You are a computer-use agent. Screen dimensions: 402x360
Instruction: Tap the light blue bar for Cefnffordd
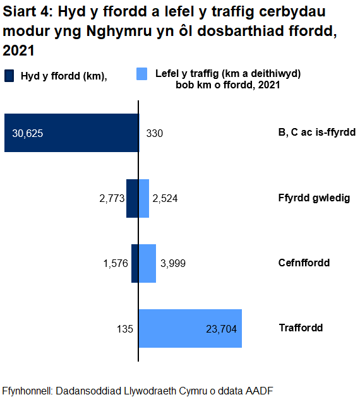147,263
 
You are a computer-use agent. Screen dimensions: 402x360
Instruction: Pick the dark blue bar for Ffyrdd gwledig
132,198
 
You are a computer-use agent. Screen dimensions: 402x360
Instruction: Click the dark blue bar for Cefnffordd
135,263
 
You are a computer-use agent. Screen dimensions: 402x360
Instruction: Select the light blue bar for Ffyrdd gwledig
144,198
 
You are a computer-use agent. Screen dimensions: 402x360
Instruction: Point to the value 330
155,133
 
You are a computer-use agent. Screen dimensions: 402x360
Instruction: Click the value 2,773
111,198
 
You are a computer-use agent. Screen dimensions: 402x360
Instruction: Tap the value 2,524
165,198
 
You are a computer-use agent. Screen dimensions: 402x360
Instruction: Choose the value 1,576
115,263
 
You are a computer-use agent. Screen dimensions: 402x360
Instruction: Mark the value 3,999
172,263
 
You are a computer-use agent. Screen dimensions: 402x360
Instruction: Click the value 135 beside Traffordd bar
124,328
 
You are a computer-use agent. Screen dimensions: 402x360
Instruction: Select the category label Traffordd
301,328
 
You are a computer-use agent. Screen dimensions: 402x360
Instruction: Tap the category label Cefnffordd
304,263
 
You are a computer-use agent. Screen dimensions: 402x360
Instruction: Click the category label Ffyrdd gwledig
314,198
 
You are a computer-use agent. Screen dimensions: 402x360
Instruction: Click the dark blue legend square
9,76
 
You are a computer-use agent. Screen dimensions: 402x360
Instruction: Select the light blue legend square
142,75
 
